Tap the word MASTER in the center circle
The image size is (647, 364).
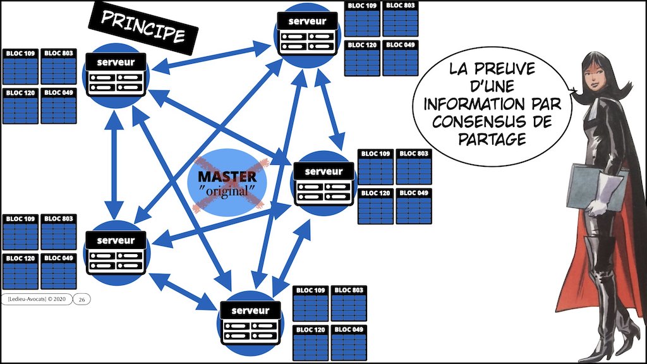[x=227, y=176]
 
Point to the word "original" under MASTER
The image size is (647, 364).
[x=226, y=190]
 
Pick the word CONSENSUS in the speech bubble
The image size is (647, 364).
[x=474, y=121]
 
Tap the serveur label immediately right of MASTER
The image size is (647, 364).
[x=323, y=171]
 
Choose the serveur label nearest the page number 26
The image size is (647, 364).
[x=116, y=240]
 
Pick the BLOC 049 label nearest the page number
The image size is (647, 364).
[x=59, y=258]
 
